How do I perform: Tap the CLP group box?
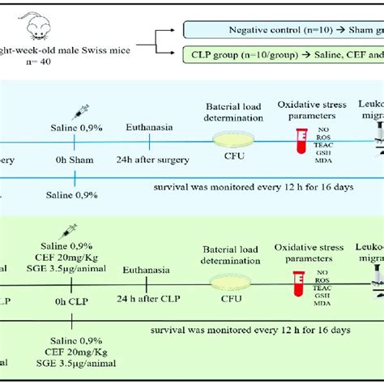(x=279, y=58)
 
